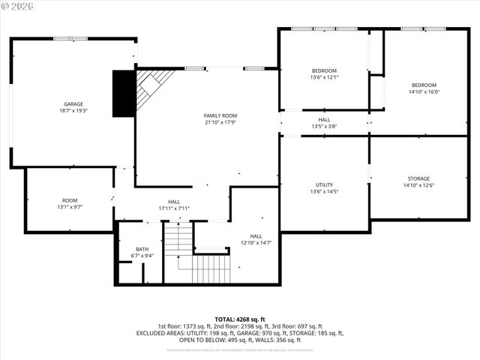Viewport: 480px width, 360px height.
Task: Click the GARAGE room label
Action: click(x=73, y=104)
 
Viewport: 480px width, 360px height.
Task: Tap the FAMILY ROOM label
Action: click(x=220, y=115)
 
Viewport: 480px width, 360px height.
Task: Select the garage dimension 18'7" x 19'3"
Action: click(x=73, y=111)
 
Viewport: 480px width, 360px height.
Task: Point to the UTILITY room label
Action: click(x=324, y=184)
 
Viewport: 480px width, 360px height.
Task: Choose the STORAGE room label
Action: click(x=418, y=178)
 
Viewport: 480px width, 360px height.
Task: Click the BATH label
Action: click(x=142, y=249)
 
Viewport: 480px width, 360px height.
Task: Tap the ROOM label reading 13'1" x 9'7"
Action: click(x=70, y=200)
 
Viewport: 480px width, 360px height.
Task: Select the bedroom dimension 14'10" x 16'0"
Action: click(x=424, y=92)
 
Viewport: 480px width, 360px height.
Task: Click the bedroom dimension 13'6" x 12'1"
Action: click(x=324, y=77)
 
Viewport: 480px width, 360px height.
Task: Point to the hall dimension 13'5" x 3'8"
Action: click(x=324, y=126)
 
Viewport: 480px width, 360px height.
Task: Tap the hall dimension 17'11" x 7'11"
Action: click(x=174, y=208)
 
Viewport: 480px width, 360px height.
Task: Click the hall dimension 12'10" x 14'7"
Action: click(x=256, y=243)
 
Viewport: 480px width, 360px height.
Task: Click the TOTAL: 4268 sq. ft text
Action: click(x=240, y=319)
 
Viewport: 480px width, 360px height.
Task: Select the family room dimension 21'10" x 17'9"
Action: click(x=220, y=122)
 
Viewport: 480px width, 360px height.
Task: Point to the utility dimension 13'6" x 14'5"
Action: click(x=324, y=191)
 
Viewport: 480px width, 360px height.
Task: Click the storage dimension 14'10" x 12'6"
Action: click(x=418, y=185)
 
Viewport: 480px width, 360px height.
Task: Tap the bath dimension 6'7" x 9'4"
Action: click(x=142, y=256)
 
